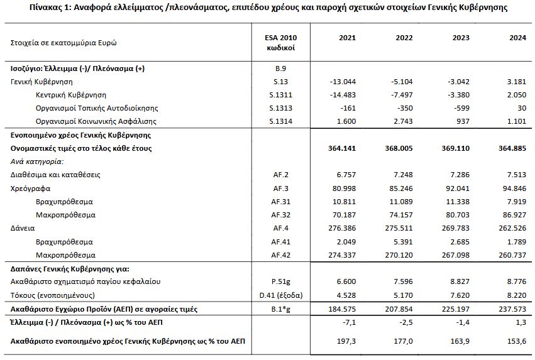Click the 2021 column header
coord(347,38)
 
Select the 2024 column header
coord(517,38)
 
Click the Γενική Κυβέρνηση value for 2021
coord(343,82)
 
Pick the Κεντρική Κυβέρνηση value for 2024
coord(516,95)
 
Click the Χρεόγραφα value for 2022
coord(400,188)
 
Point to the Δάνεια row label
coord(23,228)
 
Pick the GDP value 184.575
coord(343,309)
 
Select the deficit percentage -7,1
coord(348,322)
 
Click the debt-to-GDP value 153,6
coord(516,341)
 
